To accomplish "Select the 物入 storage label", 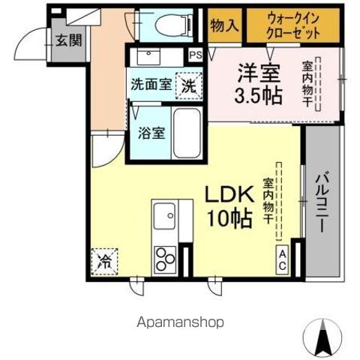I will (224, 25).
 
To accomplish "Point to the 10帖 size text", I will (229, 219).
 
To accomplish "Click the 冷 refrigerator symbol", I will (106, 262).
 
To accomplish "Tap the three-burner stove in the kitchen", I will (164, 259).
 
